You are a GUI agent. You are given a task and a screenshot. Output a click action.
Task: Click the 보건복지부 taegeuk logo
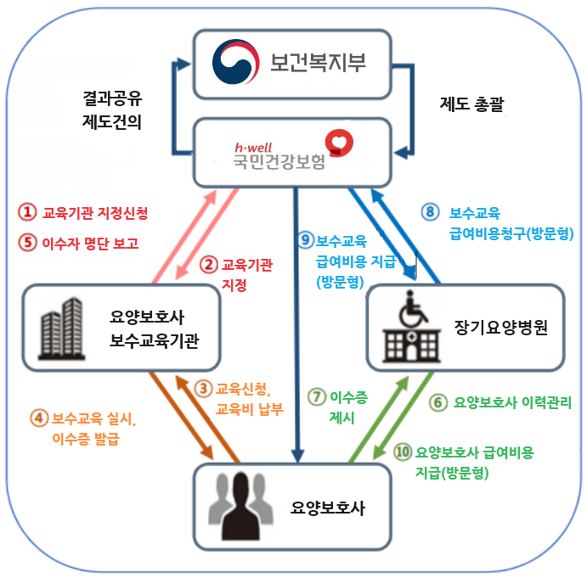pos(236,62)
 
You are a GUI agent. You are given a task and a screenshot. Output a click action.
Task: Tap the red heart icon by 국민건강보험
pos(339,143)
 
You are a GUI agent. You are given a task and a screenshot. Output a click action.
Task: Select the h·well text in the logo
pos(253,147)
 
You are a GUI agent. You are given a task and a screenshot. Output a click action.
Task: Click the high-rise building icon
pos(62,328)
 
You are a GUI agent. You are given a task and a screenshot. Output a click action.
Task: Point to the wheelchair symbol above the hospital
pos(413,309)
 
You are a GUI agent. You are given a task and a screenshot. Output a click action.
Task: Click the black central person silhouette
pos(240,506)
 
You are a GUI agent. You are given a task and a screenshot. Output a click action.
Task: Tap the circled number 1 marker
pos(27,212)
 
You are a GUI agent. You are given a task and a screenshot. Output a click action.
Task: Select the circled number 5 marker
pos(27,242)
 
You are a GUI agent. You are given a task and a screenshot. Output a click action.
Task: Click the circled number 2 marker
pos(208,265)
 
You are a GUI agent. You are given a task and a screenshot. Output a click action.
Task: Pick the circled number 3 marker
pos(203,389)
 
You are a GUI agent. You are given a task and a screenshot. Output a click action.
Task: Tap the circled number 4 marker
pos(39,418)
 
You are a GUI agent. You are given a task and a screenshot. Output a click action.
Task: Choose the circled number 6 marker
pos(438,402)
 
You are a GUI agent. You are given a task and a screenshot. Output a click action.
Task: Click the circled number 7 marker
pos(317,396)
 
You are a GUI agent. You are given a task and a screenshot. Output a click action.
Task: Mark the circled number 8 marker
pos(430,212)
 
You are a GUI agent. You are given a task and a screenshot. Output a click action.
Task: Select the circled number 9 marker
pos(306,240)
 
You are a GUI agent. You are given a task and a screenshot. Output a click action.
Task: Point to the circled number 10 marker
pos(403,452)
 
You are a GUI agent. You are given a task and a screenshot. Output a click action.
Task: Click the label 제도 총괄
pos(471,104)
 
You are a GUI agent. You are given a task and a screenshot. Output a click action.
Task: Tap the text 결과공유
pos(112,98)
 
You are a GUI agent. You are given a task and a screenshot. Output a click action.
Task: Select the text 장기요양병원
pos(501,327)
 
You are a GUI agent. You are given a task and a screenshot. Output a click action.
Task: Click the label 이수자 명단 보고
pos(90,244)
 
